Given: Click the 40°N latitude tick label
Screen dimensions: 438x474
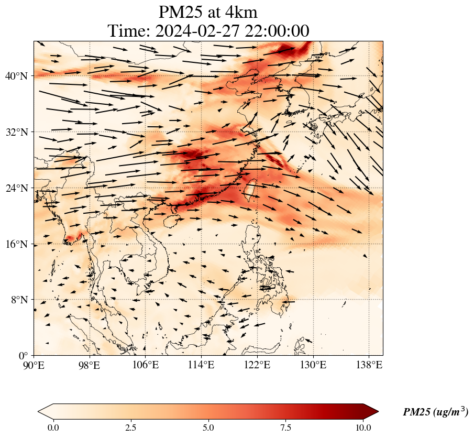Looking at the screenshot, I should (16, 76).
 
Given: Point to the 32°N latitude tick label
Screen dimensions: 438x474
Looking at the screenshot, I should (16, 132).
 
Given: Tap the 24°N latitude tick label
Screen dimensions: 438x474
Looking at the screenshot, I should (16, 188).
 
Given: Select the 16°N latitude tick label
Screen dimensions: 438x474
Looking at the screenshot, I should (16, 244).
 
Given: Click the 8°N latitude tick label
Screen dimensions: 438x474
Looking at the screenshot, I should (18, 300).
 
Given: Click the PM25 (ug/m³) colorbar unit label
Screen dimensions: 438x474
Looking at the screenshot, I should (435, 412).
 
